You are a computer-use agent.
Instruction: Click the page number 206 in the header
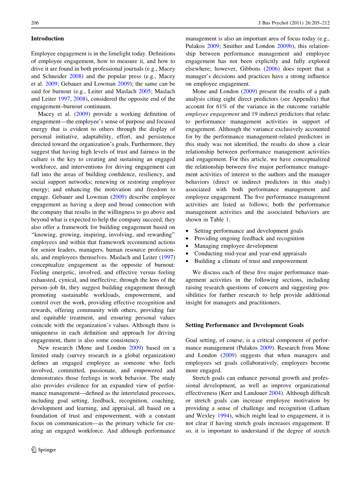pos(35,23)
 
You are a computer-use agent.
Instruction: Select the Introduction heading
pos(47,39)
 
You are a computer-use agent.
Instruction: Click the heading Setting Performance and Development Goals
pos(244,325)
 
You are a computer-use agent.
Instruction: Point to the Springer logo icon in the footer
pos(34,449)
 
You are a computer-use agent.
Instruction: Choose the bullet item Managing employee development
pos(236,246)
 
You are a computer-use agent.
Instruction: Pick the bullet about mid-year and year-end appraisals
pos(250,254)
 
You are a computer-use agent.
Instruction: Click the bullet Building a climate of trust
pos(251,261)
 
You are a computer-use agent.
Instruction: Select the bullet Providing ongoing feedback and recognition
pos(249,238)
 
